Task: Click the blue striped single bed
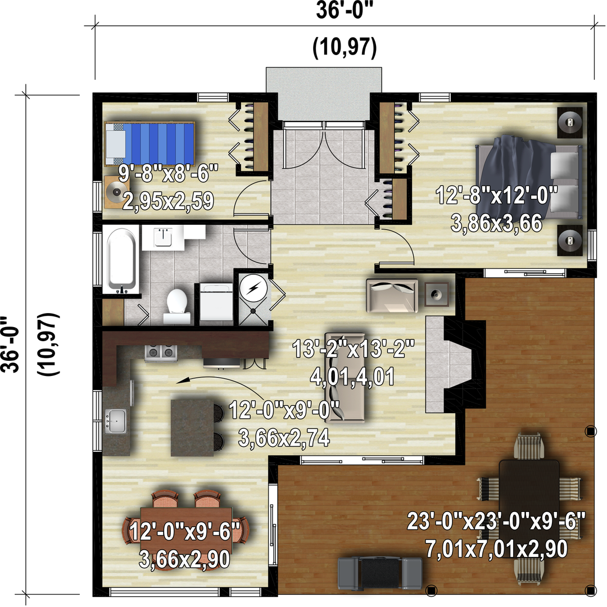[x=150, y=144]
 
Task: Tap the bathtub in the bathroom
[x=121, y=259]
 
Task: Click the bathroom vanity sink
[x=163, y=237]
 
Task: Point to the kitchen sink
[x=115, y=421]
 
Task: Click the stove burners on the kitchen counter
[x=161, y=352]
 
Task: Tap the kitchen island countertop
[x=192, y=427]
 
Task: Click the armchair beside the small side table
[x=392, y=296]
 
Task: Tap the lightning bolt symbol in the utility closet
[x=253, y=288]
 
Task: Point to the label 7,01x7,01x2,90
[x=497, y=549]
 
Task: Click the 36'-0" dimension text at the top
[x=345, y=11]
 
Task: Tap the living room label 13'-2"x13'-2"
[x=354, y=349]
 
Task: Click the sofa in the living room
[x=345, y=378]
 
